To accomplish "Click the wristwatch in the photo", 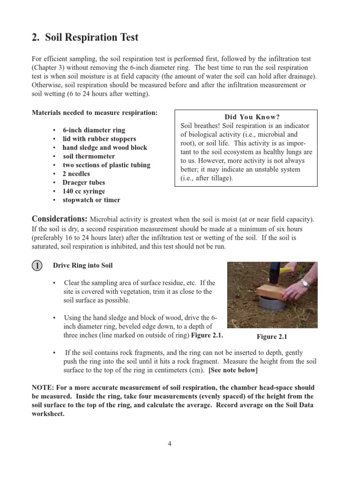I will (305, 283).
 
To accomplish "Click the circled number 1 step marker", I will (37, 266).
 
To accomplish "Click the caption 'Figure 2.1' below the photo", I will (271, 337).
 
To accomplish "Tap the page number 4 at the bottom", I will (170, 444).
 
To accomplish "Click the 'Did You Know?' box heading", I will (246, 117).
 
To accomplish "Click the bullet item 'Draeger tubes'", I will (84, 182).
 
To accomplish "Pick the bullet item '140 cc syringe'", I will (84, 191).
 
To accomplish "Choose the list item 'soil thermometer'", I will (89, 156).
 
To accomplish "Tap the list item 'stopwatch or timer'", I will (91, 200).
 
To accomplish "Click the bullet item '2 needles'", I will (76, 174).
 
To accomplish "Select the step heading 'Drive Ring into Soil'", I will (82, 265).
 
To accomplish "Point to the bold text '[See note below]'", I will (233, 370).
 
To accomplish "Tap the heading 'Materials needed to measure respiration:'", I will (95, 113).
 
